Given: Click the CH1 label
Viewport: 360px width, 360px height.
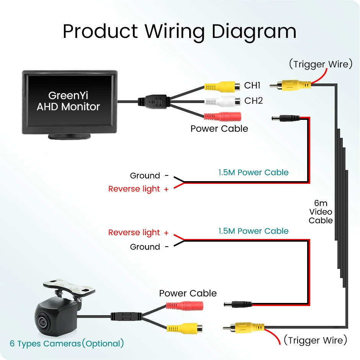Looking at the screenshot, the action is click(252, 85).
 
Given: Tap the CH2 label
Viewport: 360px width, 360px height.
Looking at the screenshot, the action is click(254, 101).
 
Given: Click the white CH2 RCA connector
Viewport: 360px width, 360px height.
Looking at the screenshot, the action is click(223, 101).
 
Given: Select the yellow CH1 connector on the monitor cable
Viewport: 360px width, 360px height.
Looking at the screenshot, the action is click(222, 87).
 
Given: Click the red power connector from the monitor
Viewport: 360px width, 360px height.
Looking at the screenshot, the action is click(223, 117).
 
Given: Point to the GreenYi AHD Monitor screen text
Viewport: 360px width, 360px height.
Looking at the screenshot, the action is click(68, 101).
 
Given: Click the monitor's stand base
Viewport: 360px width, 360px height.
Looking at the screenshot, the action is click(69, 136).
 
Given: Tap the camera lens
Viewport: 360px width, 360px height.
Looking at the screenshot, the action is click(42, 322).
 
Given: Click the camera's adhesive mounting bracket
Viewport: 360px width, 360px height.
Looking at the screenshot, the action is click(69, 287).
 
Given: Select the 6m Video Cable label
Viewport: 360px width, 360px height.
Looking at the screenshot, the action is click(321, 212).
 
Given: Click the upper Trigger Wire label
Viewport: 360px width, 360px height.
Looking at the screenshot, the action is click(321, 64).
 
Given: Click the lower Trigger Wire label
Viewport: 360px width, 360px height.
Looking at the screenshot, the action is click(316, 340).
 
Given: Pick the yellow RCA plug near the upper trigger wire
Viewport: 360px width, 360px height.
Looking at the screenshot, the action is click(290, 85).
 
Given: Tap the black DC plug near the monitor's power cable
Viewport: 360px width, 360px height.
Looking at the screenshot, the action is click(286, 118).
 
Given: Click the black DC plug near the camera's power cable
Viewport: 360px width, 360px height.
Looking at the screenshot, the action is click(238, 305).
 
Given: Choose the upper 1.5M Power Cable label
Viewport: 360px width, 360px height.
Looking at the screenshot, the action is click(254, 172).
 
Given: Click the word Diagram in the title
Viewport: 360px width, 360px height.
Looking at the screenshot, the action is click(254, 32).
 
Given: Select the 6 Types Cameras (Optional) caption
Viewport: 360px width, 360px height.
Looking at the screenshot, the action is click(67, 344).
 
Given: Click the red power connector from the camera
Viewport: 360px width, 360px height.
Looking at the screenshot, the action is click(185, 306).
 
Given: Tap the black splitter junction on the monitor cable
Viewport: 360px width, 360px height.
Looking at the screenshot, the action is click(154, 101).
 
